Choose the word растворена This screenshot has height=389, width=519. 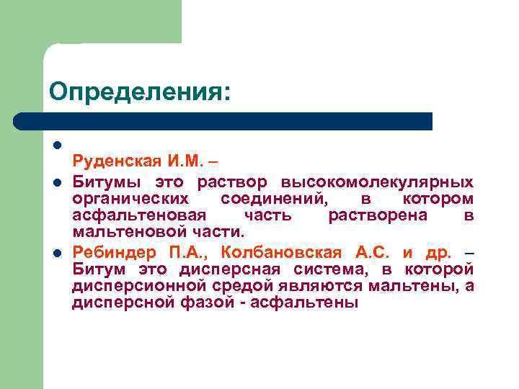pos(387,215)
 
